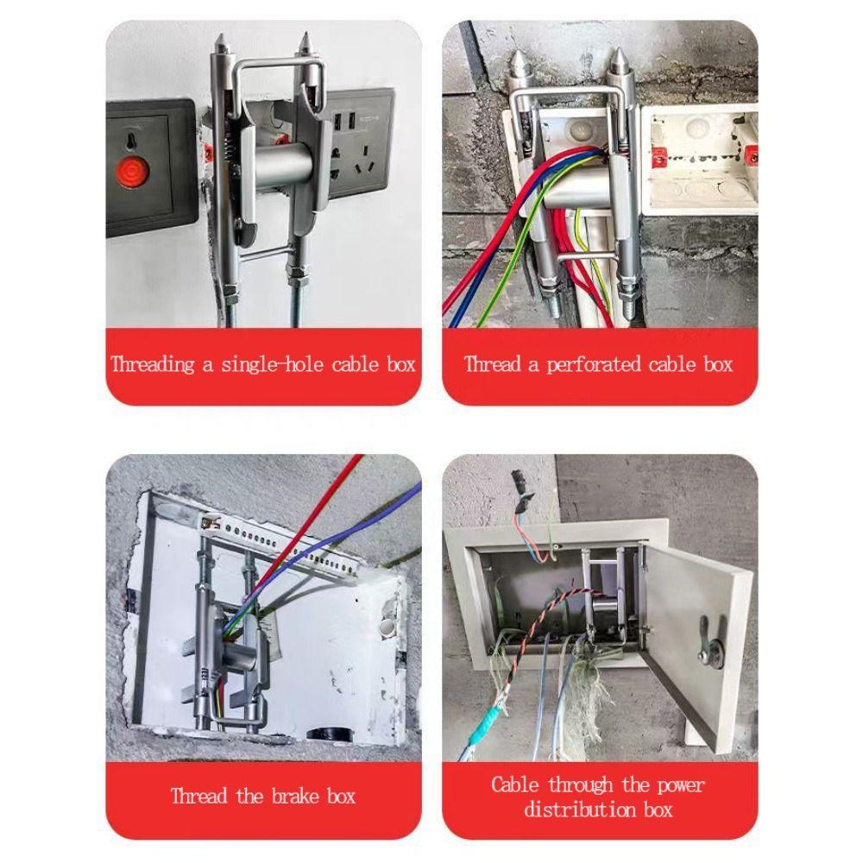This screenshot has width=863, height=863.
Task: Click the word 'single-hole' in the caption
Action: point(273,364)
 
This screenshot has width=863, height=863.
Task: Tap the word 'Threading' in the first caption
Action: point(153,364)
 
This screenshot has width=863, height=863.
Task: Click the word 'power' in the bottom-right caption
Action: point(681,785)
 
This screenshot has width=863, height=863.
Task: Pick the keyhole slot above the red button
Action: point(130,141)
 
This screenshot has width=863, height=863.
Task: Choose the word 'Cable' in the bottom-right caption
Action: point(515,785)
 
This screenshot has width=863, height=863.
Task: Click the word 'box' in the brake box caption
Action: point(341,796)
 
